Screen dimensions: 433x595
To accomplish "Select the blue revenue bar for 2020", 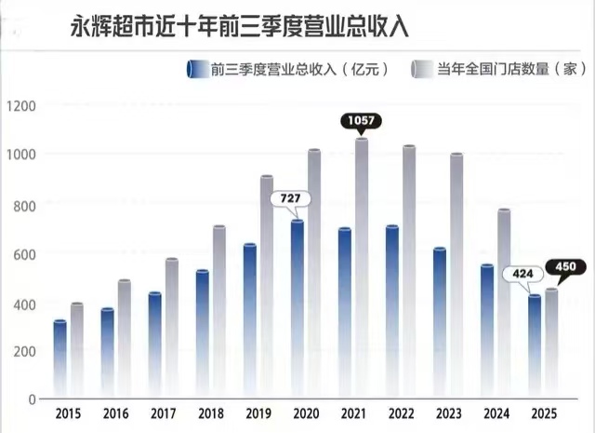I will pos(297,307).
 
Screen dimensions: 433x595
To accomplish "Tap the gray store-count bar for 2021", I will pos(362,270).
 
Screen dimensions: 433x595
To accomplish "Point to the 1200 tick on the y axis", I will pos(21,105).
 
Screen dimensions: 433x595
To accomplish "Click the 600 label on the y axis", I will pos(24,253).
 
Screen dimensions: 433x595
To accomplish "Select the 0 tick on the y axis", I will pos(32,399).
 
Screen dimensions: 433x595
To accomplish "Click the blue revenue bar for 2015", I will pos(60,359).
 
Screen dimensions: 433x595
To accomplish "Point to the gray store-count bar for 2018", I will pos(219,312).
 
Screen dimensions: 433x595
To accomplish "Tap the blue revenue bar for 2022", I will pos(392,312).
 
